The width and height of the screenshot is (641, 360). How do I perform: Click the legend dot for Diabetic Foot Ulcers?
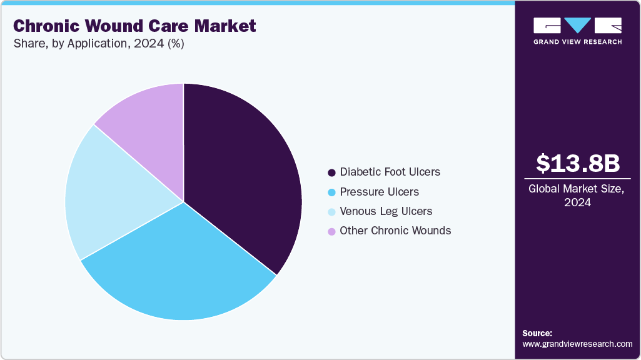click(331, 172)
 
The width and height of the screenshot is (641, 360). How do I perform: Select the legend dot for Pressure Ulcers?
click(331, 192)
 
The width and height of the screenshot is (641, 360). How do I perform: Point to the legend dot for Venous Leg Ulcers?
click(331, 212)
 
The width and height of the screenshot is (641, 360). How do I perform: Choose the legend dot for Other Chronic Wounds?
click(331, 231)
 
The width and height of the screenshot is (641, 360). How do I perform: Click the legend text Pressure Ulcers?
click(380, 192)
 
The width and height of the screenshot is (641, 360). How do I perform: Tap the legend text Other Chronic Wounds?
click(395, 231)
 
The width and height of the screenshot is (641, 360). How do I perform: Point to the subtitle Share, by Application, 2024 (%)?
click(98, 44)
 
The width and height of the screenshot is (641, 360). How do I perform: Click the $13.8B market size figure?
click(578, 163)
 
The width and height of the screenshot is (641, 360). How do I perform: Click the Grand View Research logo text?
click(578, 42)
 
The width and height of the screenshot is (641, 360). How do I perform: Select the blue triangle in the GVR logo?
click(578, 25)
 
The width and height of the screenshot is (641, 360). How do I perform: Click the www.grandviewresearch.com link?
click(577, 344)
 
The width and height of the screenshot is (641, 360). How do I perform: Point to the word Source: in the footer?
click(538, 333)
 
